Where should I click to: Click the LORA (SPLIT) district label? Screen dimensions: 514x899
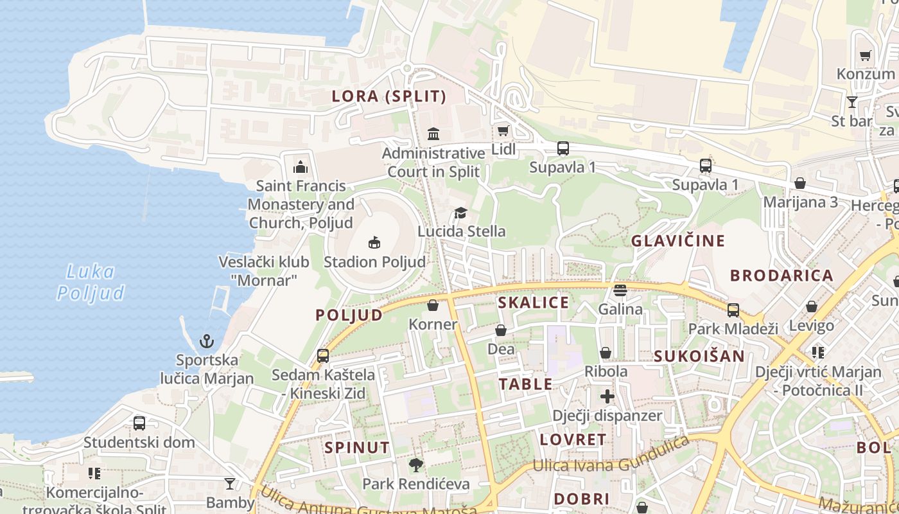pyautogui.click(x=388, y=96)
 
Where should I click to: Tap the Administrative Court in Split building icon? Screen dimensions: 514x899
pyautogui.click(x=433, y=134)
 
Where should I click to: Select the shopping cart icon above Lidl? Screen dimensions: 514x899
pyautogui.click(x=503, y=130)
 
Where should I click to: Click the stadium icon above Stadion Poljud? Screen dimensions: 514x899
pyautogui.click(x=374, y=242)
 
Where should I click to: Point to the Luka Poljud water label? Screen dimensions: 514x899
pyautogui.click(x=91, y=282)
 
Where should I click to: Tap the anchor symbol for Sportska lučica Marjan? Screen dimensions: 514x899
pyautogui.click(x=207, y=341)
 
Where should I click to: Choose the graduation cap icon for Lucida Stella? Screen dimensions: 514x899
pyautogui.click(x=460, y=213)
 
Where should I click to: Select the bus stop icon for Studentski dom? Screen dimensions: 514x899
pyautogui.click(x=139, y=423)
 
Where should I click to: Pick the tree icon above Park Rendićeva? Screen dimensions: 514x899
pyautogui.click(x=416, y=465)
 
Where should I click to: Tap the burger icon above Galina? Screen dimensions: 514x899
pyautogui.click(x=620, y=290)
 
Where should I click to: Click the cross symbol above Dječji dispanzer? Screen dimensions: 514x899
pyautogui.click(x=607, y=396)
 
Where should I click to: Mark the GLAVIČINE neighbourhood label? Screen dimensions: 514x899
pyautogui.click(x=678, y=241)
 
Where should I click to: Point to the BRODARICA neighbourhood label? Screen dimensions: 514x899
pyautogui.click(x=781, y=276)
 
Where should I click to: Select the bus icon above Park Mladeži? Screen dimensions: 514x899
pyautogui.click(x=733, y=310)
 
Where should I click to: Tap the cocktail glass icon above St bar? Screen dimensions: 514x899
pyautogui.click(x=852, y=102)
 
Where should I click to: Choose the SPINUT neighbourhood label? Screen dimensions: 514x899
pyautogui.click(x=357, y=447)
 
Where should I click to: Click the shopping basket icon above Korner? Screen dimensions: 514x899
pyautogui.click(x=433, y=305)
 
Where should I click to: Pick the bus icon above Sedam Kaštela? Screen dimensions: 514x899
pyautogui.click(x=323, y=355)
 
